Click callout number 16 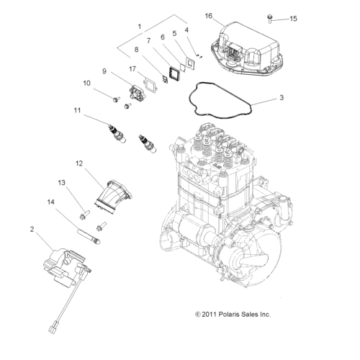click(208, 15)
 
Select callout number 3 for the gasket click(282, 96)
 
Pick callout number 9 click(104, 71)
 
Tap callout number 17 click(132, 69)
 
